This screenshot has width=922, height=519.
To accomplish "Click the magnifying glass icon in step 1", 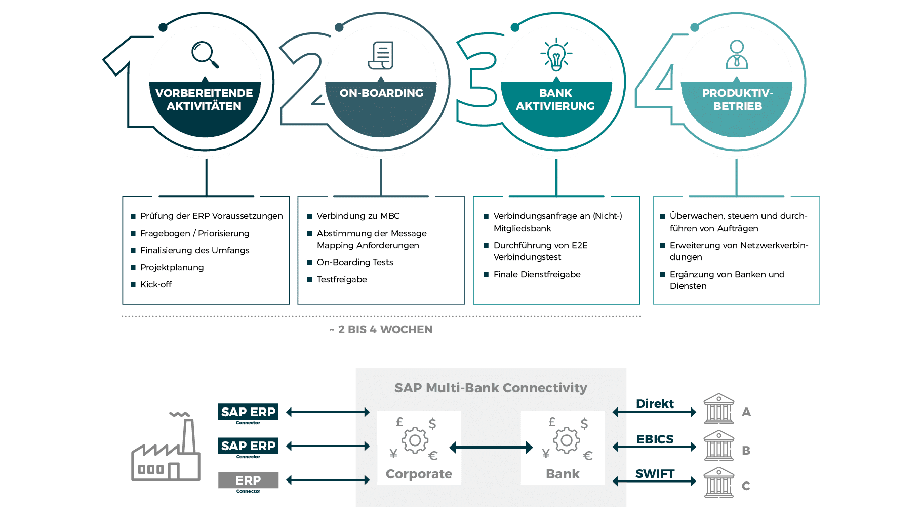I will tap(205, 54).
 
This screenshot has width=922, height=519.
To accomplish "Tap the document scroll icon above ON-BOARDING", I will tap(381, 55).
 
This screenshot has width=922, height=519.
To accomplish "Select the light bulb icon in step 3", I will tap(556, 55).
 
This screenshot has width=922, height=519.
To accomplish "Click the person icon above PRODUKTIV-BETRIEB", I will tap(737, 55).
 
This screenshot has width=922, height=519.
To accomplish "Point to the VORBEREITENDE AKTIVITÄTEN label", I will tap(204, 99).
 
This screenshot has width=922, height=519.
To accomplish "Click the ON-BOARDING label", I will tap(381, 93).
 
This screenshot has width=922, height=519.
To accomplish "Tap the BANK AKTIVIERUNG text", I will tap(555, 99).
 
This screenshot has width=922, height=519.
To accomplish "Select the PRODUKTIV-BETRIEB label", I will tap(738, 99).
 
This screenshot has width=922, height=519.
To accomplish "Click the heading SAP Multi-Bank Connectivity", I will tap(491, 388).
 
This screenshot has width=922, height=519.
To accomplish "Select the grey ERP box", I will tap(248, 480).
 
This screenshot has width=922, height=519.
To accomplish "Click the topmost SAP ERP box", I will tap(248, 412).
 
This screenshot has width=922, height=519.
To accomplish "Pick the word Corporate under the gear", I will tap(419, 474).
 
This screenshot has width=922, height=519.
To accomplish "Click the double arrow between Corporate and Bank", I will tap(491, 447).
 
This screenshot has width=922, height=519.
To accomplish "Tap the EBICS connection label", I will tap(654, 439).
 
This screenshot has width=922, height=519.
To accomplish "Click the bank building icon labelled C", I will tap(718, 483).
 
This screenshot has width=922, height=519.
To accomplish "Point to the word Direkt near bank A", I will tap(654, 404).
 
